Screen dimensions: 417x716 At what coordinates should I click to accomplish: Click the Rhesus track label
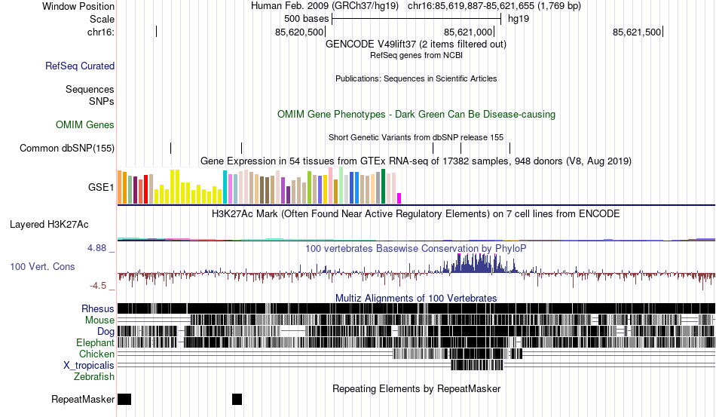(x=98, y=308)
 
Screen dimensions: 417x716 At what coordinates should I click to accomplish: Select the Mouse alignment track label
(x=99, y=320)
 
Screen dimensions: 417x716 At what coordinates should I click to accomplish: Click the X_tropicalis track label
(x=89, y=365)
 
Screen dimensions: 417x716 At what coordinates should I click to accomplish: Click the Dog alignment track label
(x=106, y=331)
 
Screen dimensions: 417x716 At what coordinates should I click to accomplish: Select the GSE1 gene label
(x=101, y=188)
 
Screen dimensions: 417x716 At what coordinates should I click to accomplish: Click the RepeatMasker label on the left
(x=83, y=399)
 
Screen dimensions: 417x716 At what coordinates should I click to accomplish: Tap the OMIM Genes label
(x=85, y=124)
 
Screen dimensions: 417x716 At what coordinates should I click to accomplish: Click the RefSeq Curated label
(x=80, y=66)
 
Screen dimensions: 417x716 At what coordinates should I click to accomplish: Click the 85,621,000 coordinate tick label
(x=468, y=32)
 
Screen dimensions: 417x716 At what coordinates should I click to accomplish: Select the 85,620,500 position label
(x=300, y=32)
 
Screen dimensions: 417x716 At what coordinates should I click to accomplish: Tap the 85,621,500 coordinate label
(x=637, y=32)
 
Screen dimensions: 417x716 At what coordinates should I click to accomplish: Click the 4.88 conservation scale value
(x=99, y=247)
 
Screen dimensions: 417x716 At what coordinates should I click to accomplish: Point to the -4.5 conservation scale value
(x=99, y=286)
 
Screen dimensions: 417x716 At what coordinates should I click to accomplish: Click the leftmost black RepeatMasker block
(x=125, y=399)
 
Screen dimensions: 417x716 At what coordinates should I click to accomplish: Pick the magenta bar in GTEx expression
(x=399, y=198)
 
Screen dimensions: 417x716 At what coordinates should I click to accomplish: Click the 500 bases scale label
(x=306, y=18)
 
